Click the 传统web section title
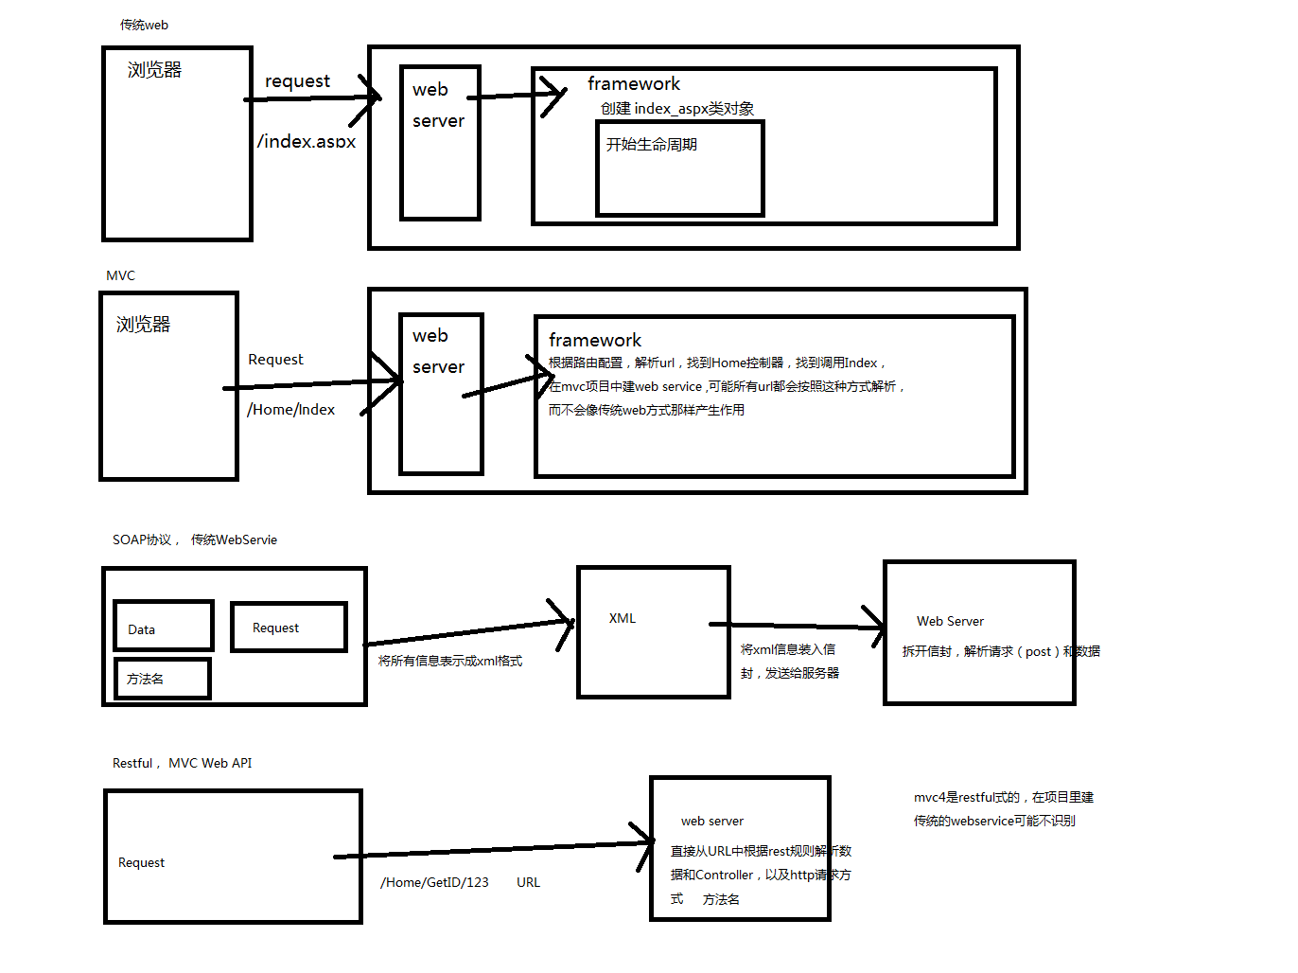pyautogui.click(x=144, y=25)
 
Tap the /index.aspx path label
pyautogui.click(x=307, y=141)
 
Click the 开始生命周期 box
pyautogui.click(x=679, y=168)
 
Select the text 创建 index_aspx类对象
pyautogui.click(x=677, y=109)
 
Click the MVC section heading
pyautogui.click(x=120, y=275)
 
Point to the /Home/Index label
pyautogui.click(x=291, y=410)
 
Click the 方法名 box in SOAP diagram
pyautogui.click(x=162, y=679)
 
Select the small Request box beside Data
pyautogui.click(x=289, y=628)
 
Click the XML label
pyautogui.click(x=623, y=618)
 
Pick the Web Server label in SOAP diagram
pyautogui.click(x=950, y=621)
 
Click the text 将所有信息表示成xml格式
pyautogui.click(x=450, y=661)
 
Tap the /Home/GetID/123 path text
pyautogui.click(x=434, y=882)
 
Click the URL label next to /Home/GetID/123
pyautogui.click(x=528, y=882)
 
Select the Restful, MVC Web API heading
pyautogui.click(x=182, y=763)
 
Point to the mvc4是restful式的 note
pyautogui.click(x=1003, y=797)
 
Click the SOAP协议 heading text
pyautogui.click(x=142, y=540)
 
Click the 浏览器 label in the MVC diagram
pyautogui.click(x=143, y=325)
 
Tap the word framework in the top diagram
pyautogui.click(x=633, y=83)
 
